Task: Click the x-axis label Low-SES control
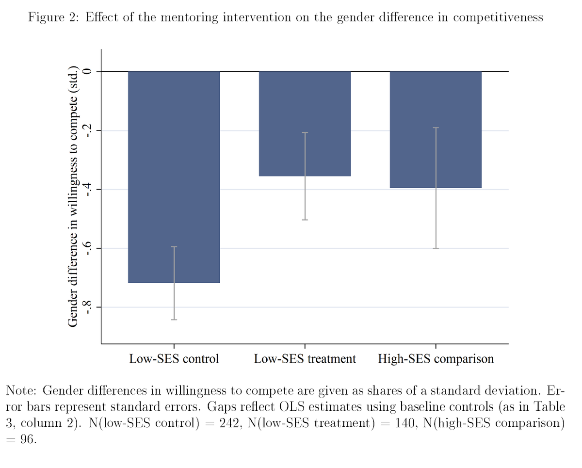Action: (174, 359)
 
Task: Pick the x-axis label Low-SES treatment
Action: (305, 359)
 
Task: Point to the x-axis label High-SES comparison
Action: (436, 359)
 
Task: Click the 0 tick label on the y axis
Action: (87, 71)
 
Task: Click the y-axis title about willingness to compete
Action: (73, 196)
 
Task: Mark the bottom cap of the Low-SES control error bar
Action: (174, 320)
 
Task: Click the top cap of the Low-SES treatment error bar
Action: (305, 133)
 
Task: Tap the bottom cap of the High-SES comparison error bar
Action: (436, 248)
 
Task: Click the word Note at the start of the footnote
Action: (19, 390)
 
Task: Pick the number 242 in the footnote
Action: (229, 423)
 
